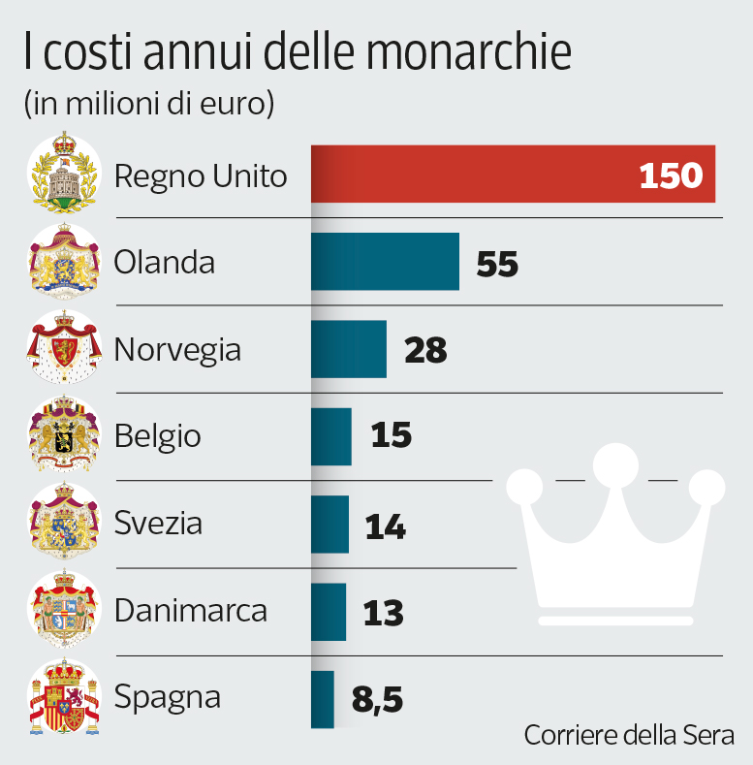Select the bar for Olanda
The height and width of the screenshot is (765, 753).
(385, 262)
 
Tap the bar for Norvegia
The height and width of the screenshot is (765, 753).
(348, 349)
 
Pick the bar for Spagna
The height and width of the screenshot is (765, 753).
(323, 699)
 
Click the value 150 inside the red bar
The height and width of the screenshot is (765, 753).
(671, 175)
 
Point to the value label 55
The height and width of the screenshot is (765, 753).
(497, 264)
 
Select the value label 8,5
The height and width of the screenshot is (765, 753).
(376, 699)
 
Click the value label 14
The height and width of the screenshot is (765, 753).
(385, 526)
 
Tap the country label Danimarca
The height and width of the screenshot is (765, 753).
(190, 612)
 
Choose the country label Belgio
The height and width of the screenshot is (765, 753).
(157, 436)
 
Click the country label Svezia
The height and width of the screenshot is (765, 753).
(158, 524)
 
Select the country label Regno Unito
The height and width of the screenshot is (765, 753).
(201, 176)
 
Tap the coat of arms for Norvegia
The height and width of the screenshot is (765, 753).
(64, 349)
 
